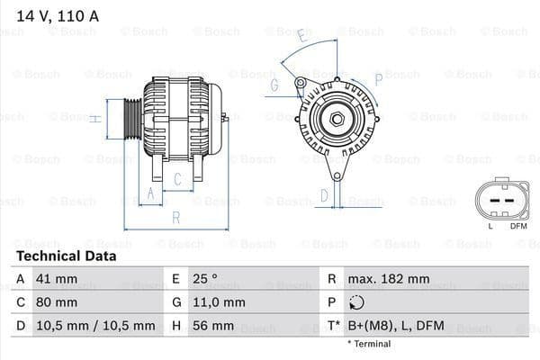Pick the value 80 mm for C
[56, 302]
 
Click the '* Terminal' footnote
[369, 343]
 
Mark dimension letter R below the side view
[176, 218]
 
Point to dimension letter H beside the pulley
[94, 118]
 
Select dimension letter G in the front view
[274, 85]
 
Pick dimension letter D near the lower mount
[325, 195]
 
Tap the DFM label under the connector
[518, 226]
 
